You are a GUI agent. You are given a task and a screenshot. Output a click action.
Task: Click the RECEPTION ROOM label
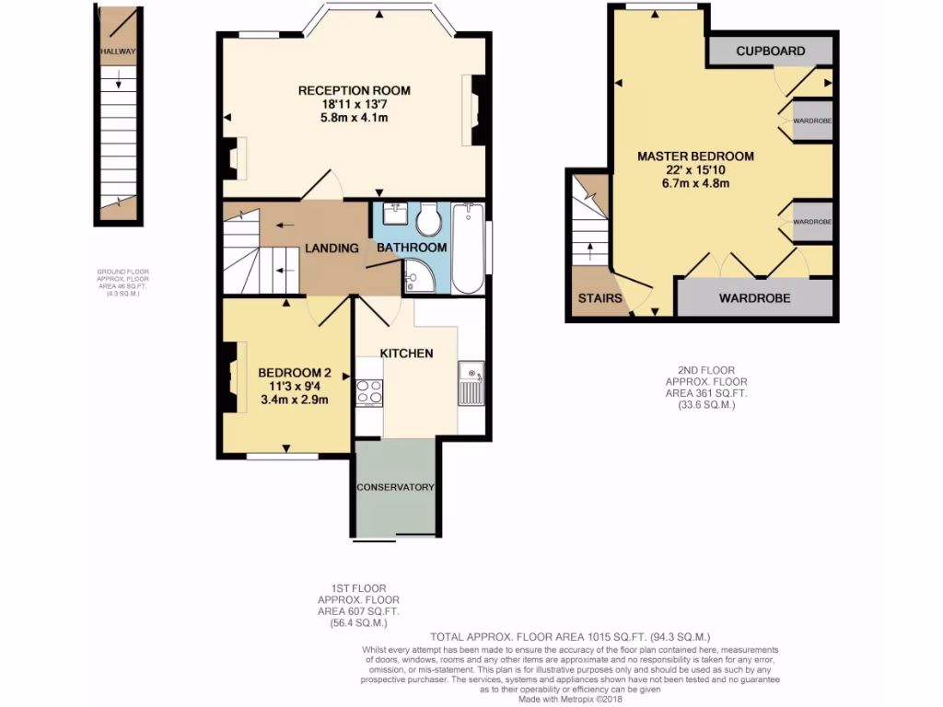click(x=354, y=90)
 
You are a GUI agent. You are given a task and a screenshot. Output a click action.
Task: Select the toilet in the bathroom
click(x=427, y=219)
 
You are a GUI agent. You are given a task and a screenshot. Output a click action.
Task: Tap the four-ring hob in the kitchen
click(x=369, y=392)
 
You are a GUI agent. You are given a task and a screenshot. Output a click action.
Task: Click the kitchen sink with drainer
click(x=472, y=382)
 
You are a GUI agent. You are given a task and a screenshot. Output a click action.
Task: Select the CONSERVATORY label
click(x=395, y=487)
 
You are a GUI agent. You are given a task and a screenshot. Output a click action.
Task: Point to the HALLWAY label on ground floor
click(x=118, y=52)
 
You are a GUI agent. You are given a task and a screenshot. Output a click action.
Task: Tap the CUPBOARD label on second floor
click(x=771, y=52)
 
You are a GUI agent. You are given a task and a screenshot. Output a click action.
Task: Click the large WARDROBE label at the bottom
click(x=754, y=298)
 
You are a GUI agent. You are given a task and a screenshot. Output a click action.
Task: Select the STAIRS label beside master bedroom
click(x=600, y=298)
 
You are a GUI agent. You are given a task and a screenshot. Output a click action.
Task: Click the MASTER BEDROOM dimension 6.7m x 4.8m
click(x=695, y=183)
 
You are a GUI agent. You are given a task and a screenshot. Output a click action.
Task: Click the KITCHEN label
click(x=406, y=353)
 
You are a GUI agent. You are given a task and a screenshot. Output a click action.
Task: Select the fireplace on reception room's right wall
click(x=476, y=109)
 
